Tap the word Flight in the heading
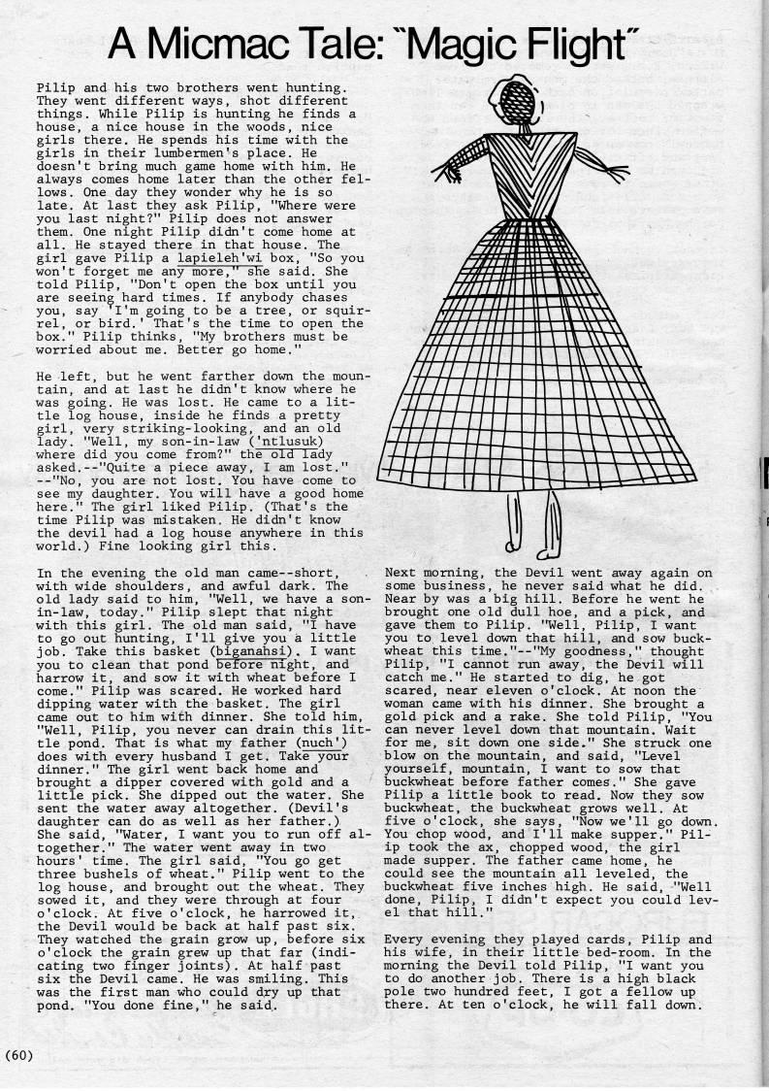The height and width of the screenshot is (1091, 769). pyautogui.click(x=593, y=42)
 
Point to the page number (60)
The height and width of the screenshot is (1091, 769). pyautogui.click(x=19, y=1053)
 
